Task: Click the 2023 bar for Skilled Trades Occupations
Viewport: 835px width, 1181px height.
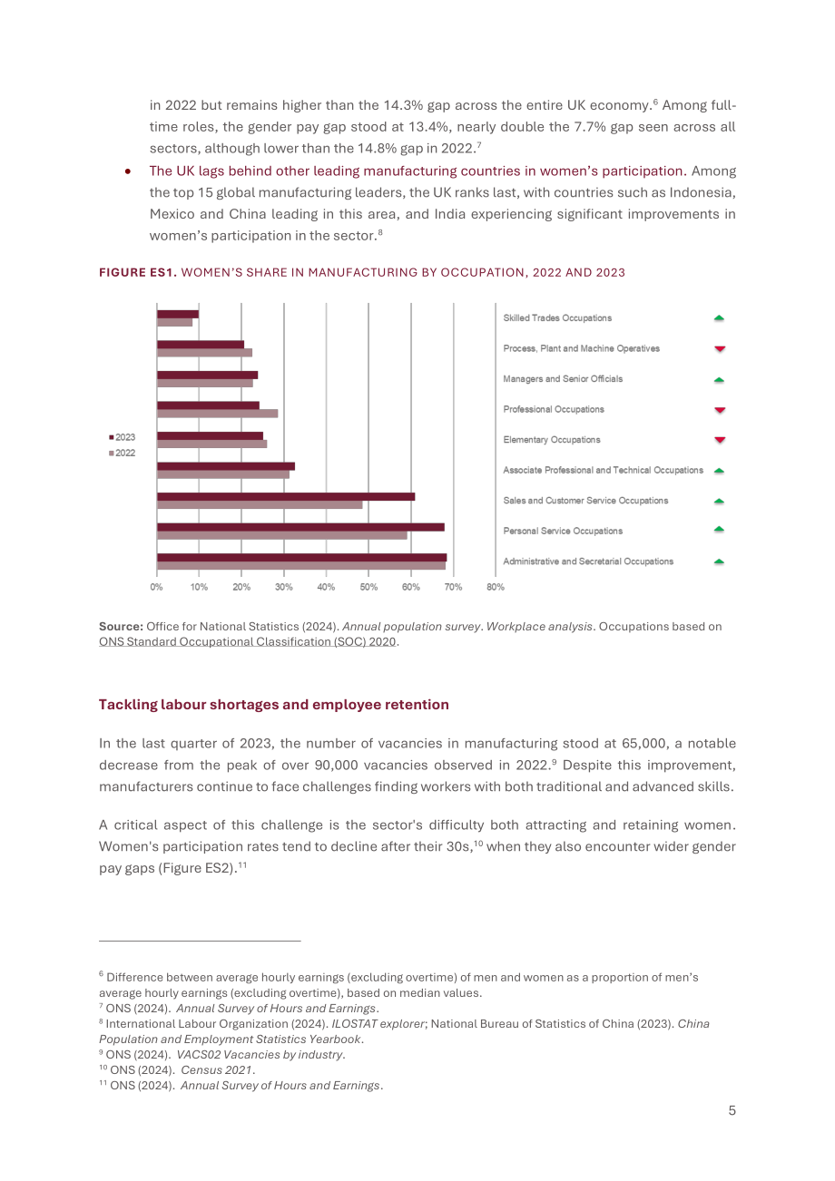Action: pyautogui.click(x=178, y=314)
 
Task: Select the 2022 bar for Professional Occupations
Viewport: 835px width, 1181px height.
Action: pyautogui.click(x=217, y=414)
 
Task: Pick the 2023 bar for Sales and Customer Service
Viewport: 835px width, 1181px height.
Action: pyautogui.click(x=286, y=497)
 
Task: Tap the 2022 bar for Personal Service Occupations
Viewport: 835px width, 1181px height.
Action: pyautogui.click(x=282, y=536)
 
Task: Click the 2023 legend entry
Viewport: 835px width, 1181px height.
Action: pyautogui.click(x=123, y=437)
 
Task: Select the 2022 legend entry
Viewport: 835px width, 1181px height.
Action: pyautogui.click(x=123, y=454)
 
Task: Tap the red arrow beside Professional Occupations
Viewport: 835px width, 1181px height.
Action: pyautogui.click(x=720, y=410)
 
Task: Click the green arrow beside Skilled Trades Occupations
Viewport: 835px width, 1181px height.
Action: pyautogui.click(x=719, y=317)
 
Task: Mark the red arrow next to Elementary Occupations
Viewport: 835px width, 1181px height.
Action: pyautogui.click(x=720, y=440)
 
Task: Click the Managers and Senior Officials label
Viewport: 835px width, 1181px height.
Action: pyautogui.click(x=563, y=379)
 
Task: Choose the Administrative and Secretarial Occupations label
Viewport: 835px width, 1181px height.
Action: pyautogui.click(x=588, y=561)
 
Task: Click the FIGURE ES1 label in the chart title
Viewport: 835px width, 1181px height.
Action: pyautogui.click(x=138, y=273)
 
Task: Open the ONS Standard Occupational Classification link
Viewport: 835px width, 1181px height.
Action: pyautogui.click(x=248, y=641)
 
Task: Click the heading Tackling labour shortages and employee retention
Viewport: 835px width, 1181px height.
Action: pyautogui.click(x=274, y=705)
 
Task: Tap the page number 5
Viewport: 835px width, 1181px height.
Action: pyautogui.click(x=732, y=1110)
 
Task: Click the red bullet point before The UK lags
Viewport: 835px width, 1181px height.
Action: pyautogui.click(x=128, y=171)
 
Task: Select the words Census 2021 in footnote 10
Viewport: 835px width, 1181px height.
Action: pyautogui.click(x=216, y=1070)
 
